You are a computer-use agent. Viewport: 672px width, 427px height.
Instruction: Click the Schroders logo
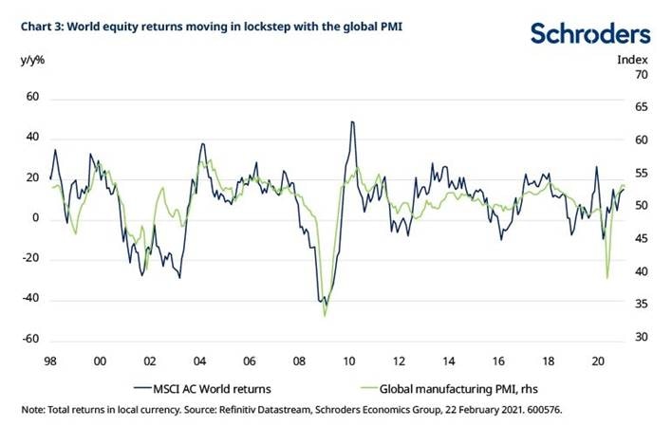click(590, 34)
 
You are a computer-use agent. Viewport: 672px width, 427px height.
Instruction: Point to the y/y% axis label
click(32, 59)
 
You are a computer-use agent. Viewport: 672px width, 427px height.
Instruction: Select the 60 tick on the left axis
click(32, 97)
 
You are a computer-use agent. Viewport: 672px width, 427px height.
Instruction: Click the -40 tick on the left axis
click(30, 300)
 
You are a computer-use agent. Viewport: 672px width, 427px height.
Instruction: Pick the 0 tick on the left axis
click(35, 218)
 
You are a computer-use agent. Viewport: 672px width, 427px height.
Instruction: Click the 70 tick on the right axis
click(640, 74)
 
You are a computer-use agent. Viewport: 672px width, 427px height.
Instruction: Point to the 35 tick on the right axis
click(640, 304)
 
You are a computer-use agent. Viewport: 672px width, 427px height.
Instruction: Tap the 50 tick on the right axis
click(640, 206)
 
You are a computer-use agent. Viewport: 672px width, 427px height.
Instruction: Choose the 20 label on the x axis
click(597, 362)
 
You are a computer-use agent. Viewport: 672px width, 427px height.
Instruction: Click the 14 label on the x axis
click(447, 362)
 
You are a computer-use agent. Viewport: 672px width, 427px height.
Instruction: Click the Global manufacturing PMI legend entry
click(446, 387)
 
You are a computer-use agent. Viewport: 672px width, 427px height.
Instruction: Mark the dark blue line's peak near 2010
click(352, 121)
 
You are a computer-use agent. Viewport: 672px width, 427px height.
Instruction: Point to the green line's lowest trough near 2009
click(325, 315)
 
